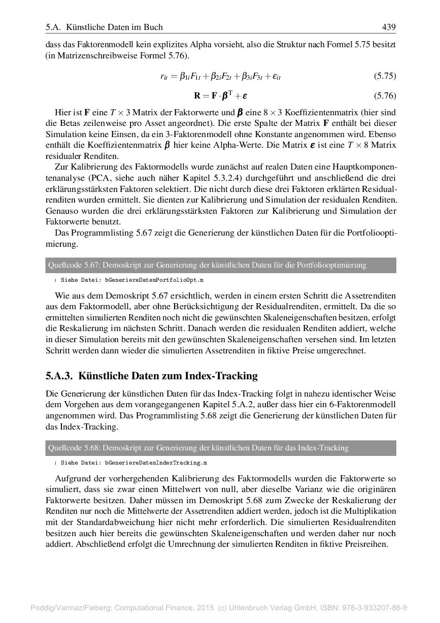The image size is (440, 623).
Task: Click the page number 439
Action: click(389, 27)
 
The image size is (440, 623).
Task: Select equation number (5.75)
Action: click(385, 77)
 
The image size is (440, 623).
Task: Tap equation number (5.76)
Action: click(385, 95)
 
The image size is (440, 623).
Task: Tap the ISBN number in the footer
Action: click(376, 608)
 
